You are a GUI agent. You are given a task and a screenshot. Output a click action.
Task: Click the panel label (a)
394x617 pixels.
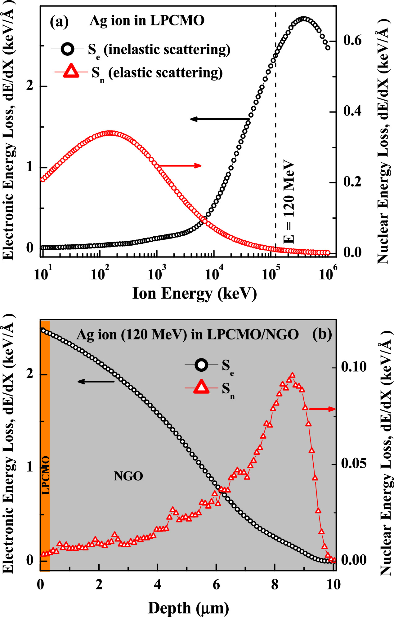pos(59,22)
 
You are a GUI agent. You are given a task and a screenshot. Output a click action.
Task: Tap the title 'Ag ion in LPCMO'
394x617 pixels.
pos(147,21)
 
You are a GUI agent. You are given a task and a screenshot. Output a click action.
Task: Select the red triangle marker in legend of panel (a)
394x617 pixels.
pos(71,72)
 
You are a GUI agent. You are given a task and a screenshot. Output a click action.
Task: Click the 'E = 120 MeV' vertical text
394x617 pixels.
pos(289,201)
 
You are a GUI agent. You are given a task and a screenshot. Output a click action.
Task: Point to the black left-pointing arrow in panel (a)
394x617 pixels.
pos(219,119)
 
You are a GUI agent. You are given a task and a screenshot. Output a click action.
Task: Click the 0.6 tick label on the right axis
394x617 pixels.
pos(352,41)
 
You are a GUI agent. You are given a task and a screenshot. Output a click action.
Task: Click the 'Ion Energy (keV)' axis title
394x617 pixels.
pos(195,293)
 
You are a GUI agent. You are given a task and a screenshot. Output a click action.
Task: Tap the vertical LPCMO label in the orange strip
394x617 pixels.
pos(46,475)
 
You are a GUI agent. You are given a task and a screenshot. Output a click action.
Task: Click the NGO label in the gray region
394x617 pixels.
pos(128,476)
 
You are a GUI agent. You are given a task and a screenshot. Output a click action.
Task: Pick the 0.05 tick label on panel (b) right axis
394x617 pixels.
pos(354,464)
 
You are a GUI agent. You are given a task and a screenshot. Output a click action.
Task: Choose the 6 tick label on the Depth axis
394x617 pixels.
pos(216,585)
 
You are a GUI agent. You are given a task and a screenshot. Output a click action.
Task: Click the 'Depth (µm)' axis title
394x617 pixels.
pos(188,608)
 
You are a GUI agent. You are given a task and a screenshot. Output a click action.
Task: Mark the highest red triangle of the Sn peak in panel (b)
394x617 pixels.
pos(292,375)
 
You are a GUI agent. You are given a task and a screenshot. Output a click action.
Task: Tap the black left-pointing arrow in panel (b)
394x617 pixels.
pos(96,381)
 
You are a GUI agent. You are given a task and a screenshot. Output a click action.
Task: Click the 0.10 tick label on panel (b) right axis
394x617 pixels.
pos(354,367)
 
